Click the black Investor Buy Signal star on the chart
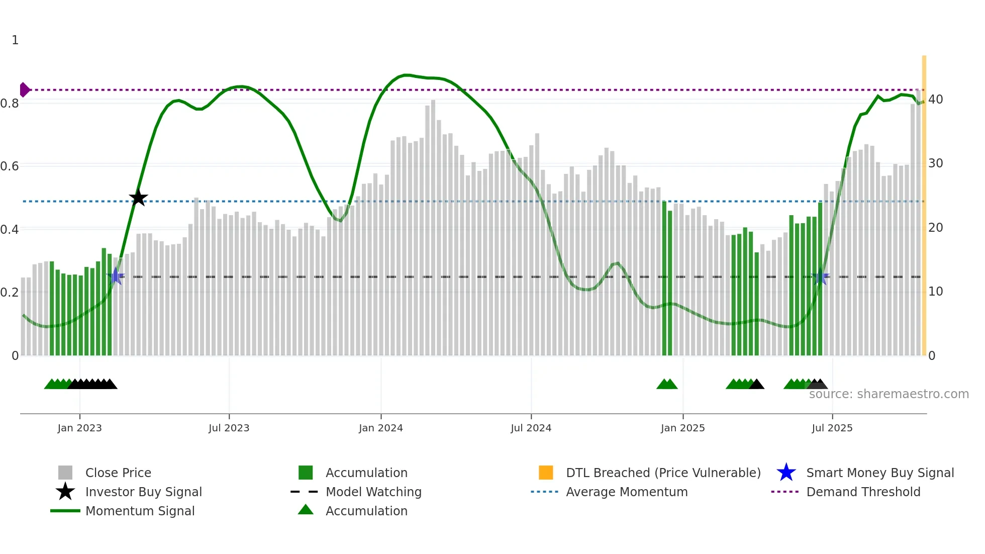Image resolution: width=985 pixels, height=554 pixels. coord(138,198)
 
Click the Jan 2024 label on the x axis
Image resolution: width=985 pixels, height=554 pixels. coord(380,428)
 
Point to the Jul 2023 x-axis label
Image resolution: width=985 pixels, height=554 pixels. coord(229,428)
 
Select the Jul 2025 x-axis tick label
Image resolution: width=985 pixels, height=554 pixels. coord(832,428)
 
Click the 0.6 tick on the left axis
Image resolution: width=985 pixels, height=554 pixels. coord(10,166)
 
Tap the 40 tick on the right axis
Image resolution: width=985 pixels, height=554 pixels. coord(935,100)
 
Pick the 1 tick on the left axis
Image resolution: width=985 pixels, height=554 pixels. coord(15,40)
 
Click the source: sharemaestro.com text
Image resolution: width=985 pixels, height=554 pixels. coord(889,394)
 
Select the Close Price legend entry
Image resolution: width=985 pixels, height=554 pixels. coord(118,473)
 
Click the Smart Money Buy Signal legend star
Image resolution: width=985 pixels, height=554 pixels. coord(786,473)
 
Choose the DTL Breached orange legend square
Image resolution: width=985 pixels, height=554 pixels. coord(546,473)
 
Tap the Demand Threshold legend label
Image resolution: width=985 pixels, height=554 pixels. coord(863,492)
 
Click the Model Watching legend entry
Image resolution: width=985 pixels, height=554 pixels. coord(373,492)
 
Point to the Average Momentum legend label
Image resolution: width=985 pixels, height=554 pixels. coord(626,492)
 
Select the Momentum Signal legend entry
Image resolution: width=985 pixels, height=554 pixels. coord(140,511)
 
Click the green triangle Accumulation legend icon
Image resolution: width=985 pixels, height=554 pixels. coord(306,510)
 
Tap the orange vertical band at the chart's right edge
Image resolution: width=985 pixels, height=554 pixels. coord(924,201)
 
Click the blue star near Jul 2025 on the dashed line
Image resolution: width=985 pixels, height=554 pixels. coord(820,276)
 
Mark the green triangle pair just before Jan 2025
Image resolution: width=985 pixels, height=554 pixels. coord(667,385)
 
